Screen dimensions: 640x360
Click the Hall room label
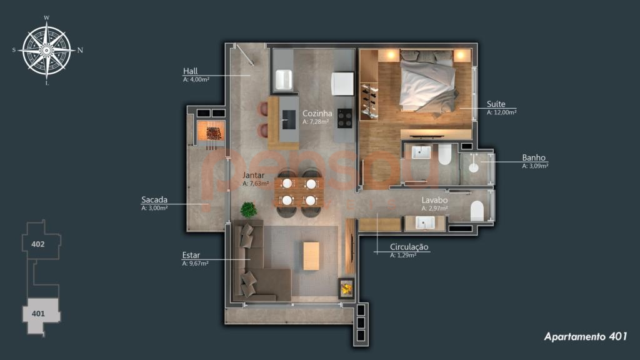pos(190,71)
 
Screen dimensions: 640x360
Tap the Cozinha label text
pos(317,114)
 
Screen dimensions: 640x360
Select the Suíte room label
pos(496,104)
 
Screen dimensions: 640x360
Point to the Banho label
pos(534,157)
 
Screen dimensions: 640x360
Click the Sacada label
pos(154,199)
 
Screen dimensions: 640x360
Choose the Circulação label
pos(409,247)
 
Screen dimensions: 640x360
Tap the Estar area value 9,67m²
pos(195,264)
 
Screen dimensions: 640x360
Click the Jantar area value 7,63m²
pos(256,184)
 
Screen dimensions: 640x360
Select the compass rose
pos(46,51)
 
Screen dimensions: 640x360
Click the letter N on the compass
pos(80,50)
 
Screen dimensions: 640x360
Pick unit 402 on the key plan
pos(38,244)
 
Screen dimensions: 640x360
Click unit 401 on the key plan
pos(38,314)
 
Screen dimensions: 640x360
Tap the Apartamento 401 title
pos(585,336)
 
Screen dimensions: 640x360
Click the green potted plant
pos(249,209)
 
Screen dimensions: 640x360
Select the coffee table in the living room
pos(311,256)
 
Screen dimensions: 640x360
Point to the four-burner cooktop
pos(345,118)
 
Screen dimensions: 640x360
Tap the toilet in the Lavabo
pos(477,211)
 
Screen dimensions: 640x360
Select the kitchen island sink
pos(289,119)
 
